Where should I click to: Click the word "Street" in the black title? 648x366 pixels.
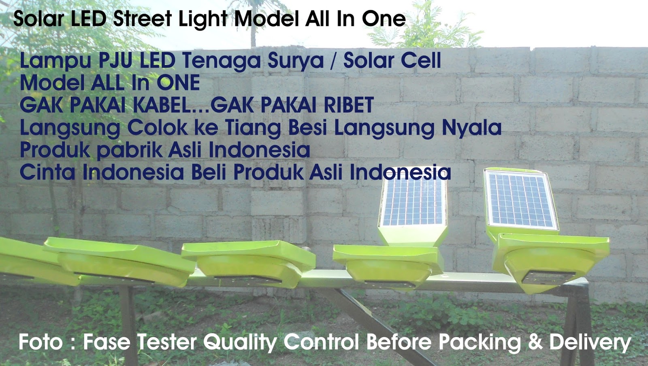(143, 19)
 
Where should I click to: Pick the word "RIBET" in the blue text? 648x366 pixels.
(348, 105)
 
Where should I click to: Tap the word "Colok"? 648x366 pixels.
(158, 128)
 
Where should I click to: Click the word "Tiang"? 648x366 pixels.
(253, 128)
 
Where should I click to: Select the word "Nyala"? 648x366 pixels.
(471, 128)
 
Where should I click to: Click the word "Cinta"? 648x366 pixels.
(47, 172)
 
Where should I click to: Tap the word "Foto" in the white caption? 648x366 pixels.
(40, 342)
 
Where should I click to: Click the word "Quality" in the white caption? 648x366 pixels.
(240, 343)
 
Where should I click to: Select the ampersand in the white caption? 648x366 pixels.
(535, 342)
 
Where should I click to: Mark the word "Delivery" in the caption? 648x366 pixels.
(590, 343)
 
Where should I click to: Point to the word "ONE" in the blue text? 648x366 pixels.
(178, 83)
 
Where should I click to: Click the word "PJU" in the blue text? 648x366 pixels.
(116, 61)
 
